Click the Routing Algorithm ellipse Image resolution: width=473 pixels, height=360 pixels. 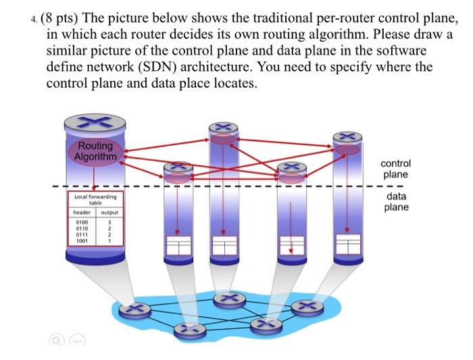tap(95, 151)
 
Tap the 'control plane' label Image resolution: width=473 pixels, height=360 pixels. tap(395, 169)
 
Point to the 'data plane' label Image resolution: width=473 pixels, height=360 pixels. tap(395, 201)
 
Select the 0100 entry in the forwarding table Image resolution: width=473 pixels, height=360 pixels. tap(82, 222)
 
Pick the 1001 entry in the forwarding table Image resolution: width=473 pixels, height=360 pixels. tap(82, 240)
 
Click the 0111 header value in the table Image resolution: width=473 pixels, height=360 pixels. tap(82, 234)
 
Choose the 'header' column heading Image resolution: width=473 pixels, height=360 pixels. tap(82, 211)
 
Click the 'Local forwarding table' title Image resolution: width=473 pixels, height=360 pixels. tap(95, 199)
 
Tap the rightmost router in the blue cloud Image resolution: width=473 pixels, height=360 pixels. tap(303, 309)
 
